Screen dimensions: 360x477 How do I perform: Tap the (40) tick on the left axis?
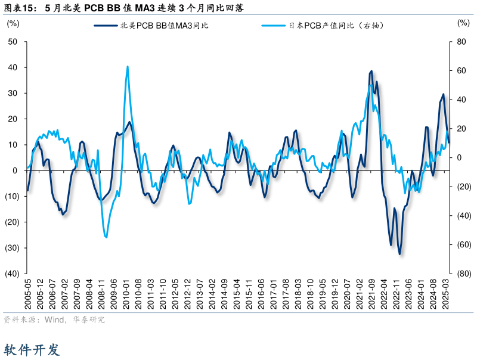click(x=12, y=274)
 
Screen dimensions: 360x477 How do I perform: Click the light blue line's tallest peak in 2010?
click(x=128, y=66)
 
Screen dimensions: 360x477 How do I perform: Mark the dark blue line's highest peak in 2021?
click(x=371, y=71)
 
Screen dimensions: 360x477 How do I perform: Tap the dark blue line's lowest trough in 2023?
click(x=399, y=254)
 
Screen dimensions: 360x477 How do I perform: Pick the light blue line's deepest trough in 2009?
click(x=106, y=237)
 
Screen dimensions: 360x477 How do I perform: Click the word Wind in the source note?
click(x=55, y=320)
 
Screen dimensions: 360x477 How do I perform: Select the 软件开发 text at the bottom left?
click(x=32, y=349)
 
